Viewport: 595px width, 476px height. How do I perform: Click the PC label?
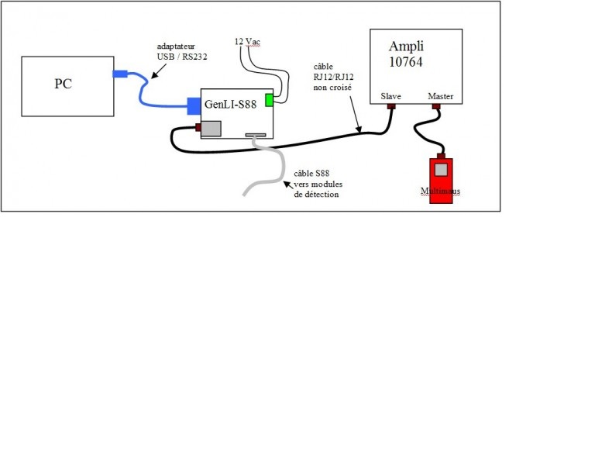pos(63,84)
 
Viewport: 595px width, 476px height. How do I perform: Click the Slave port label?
pos(390,97)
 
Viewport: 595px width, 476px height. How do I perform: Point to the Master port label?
pos(440,97)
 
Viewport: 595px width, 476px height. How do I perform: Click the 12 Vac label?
pos(247,41)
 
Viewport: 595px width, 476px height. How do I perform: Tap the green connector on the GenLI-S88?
pos(269,100)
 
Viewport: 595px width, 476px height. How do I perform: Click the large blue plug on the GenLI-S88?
pos(194,105)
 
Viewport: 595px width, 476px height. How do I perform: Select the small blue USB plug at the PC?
pos(119,74)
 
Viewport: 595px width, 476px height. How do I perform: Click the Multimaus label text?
pos(440,191)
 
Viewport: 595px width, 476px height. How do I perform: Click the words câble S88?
pos(311,173)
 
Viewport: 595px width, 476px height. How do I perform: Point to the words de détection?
pos(317,194)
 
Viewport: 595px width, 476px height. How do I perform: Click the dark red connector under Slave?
pos(391,107)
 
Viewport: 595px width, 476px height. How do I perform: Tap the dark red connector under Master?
pos(437,107)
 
